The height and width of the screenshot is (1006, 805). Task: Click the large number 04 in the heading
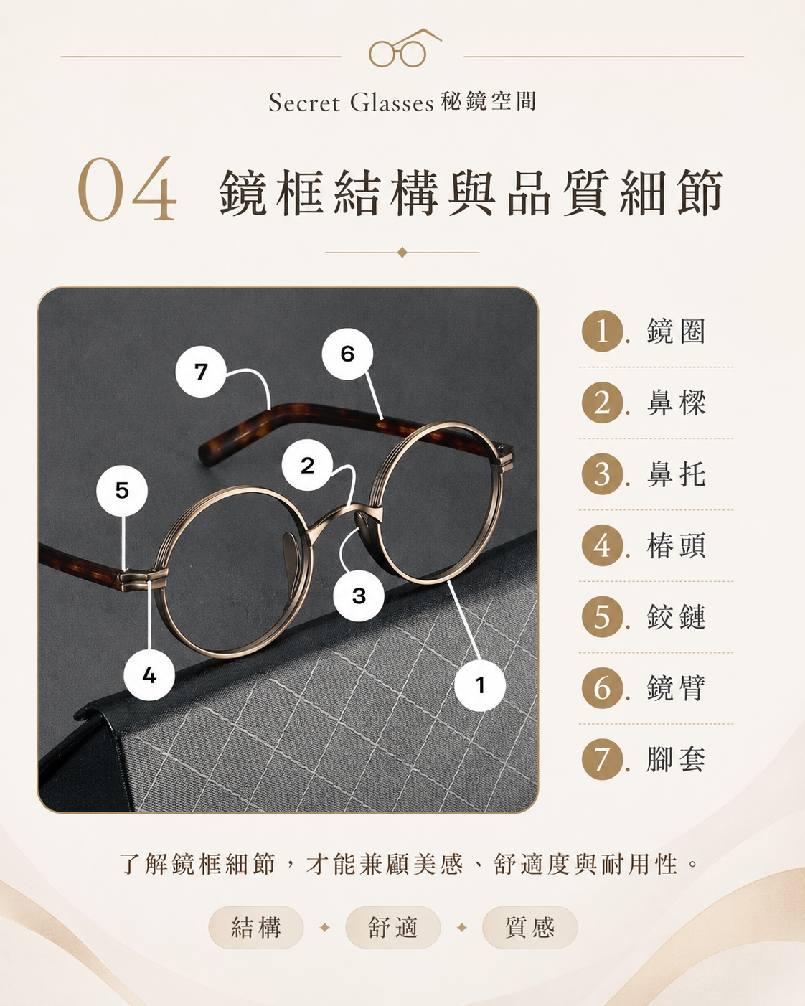click(x=127, y=190)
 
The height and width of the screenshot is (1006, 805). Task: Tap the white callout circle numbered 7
click(x=201, y=372)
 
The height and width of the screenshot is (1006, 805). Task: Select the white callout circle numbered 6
click(x=347, y=354)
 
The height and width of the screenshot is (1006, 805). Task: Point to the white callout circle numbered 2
click(x=307, y=465)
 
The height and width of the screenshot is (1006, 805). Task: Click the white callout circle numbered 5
click(x=122, y=490)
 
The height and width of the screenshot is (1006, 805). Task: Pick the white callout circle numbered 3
click(x=359, y=596)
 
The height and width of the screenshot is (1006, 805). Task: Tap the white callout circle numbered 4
click(x=149, y=675)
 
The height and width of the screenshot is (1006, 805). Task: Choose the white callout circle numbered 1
click(x=480, y=685)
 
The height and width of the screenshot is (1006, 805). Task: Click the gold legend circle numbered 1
click(x=603, y=331)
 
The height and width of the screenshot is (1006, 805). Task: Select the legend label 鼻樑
click(x=676, y=403)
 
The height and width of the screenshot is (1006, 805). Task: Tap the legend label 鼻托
click(x=676, y=474)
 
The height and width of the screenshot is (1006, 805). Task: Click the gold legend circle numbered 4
click(x=603, y=545)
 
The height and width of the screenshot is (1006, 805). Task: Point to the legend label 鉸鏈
click(x=676, y=616)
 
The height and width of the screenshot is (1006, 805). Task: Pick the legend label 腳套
click(x=676, y=759)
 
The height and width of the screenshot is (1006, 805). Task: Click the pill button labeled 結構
click(x=256, y=927)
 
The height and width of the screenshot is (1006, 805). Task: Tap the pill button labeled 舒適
click(x=393, y=927)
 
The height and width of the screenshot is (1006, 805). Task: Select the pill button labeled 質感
click(x=530, y=927)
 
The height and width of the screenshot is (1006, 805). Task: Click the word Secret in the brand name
click(x=304, y=103)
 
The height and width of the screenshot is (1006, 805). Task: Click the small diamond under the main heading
click(x=402, y=253)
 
